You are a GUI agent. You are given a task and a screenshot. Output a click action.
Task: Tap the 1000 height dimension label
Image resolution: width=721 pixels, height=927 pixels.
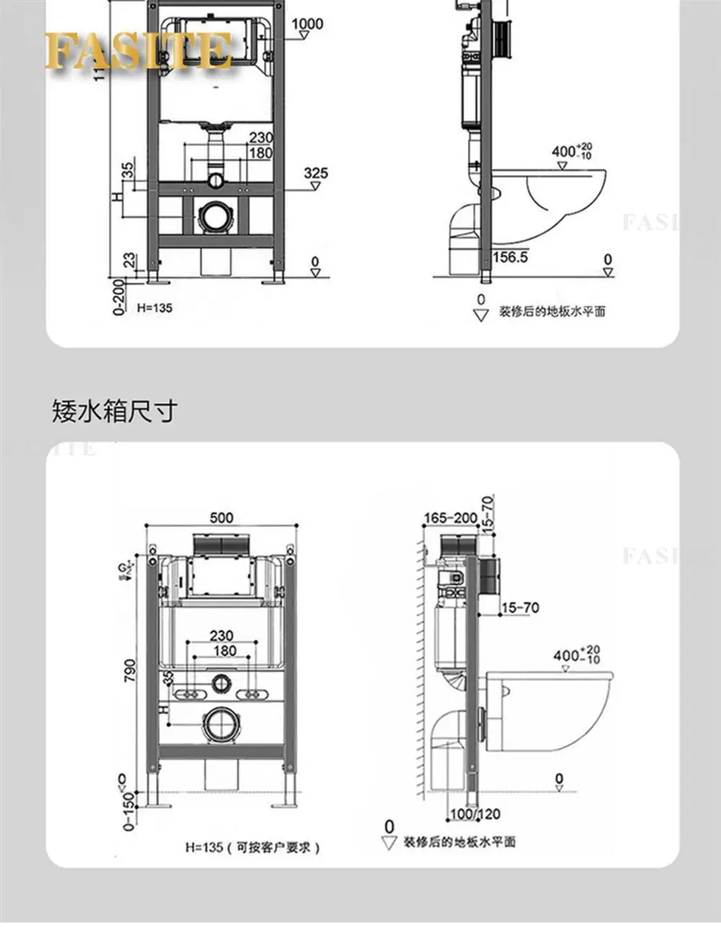pyautogui.click(x=307, y=24)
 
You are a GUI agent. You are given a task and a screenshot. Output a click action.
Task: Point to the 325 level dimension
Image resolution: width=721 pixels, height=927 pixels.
pyautogui.click(x=315, y=173)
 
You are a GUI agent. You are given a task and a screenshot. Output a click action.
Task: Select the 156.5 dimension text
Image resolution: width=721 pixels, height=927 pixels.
pyautogui.click(x=510, y=257)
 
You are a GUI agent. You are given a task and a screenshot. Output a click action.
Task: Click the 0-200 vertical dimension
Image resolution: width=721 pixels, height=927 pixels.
pyautogui.click(x=119, y=297)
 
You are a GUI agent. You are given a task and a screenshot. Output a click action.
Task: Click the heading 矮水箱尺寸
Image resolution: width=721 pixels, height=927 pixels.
pyautogui.click(x=114, y=411)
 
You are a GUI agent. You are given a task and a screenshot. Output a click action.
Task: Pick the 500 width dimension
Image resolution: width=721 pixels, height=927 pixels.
pyautogui.click(x=221, y=517)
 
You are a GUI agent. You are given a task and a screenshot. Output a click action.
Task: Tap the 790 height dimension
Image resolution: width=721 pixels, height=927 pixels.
pyautogui.click(x=131, y=672)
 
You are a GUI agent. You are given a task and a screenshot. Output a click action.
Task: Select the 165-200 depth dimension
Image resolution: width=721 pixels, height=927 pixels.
pyautogui.click(x=451, y=518)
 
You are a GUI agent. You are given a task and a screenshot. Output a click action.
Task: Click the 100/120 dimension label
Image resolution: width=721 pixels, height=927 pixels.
pyautogui.click(x=475, y=814)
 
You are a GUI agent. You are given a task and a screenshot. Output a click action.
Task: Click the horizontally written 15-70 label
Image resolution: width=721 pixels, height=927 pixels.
pyautogui.click(x=520, y=608)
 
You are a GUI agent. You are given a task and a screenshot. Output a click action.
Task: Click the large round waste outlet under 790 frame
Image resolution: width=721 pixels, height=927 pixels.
pyautogui.click(x=221, y=724)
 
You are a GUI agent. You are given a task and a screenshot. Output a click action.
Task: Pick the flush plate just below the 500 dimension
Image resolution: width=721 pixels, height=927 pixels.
pyautogui.click(x=221, y=546)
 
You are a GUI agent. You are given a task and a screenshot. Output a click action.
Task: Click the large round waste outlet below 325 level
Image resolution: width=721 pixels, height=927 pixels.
pyautogui.click(x=215, y=216)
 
